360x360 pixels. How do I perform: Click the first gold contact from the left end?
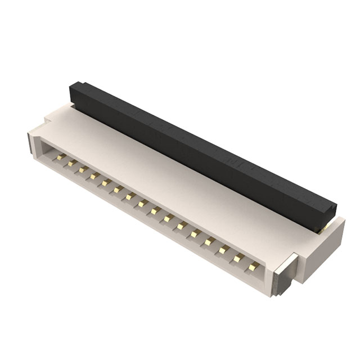click(x=57, y=158)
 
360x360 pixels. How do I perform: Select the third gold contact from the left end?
click(x=82, y=169)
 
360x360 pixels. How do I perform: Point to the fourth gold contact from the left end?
click(x=94, y=176)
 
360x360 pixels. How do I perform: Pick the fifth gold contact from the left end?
click(x=105, y=182)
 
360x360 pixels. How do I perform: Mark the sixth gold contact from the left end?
click(x=117, y=189)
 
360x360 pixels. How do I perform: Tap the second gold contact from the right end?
click(x=238, y=257)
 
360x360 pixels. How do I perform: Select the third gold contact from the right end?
click(x=223, y=249)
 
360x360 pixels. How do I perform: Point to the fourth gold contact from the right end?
click(x=209, y=241)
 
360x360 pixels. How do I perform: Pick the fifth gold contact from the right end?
click(x=195, y=232)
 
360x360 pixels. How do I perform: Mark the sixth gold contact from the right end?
click(x=181, y=225)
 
